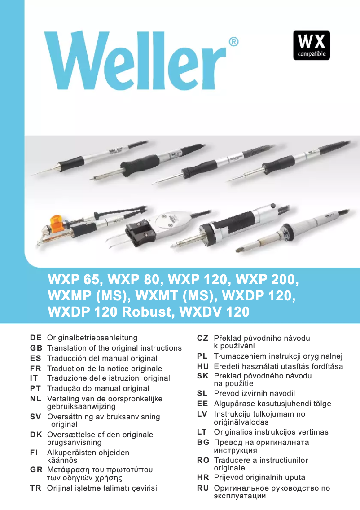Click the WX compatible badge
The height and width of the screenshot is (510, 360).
(x=312, y=45)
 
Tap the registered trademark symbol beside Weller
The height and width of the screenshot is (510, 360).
(x=233, y=42)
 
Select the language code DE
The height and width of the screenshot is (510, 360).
(x=36, y=338)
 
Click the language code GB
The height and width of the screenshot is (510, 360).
(x=36, y=348)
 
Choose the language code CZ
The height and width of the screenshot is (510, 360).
(x=202, y=338)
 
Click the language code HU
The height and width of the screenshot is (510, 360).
(x=202, y=366)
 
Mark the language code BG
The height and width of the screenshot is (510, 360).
(x=202, y=442)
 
